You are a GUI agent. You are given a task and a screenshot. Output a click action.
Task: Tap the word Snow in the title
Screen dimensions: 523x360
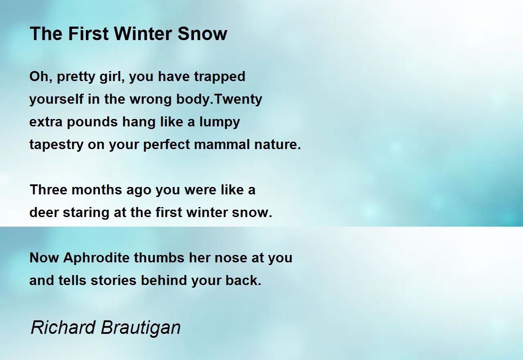pyautogui.click(x=202, y=34)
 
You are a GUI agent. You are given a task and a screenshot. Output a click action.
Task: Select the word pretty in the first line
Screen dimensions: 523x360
pyautogui.click(x=76, y=77)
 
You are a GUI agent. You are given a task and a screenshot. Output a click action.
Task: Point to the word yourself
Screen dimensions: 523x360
pyautogui.click(x=57, y=99)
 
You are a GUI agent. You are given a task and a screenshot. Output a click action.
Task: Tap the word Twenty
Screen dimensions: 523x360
pyautogui.click(x=238, y=99)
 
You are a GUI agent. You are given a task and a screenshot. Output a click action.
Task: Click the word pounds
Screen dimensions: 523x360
pyautogui.click(x=92, y=122)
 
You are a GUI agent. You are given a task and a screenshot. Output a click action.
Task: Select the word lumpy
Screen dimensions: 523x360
pyautogui.click(x=220, y=122)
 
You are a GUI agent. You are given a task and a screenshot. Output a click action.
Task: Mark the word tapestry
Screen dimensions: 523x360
pyautogui.click(x=56, y=145)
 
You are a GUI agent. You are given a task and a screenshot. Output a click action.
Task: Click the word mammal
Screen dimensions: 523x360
pyautogui.click(x=222, y=145)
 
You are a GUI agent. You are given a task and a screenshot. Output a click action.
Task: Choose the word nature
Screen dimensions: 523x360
pyautogui.click(x=277, y=145)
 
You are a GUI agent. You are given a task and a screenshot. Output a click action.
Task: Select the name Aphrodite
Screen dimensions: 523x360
pyautogui.click(x=96, y=258)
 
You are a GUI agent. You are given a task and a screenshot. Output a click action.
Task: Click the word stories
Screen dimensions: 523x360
pyautogui.click(x=113, y=281)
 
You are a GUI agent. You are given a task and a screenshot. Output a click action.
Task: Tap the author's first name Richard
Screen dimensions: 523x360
pyautogui.click(x=63, y=327)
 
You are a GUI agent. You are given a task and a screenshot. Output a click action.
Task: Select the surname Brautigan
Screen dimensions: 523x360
pyautogui.click(x=141, y=329)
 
